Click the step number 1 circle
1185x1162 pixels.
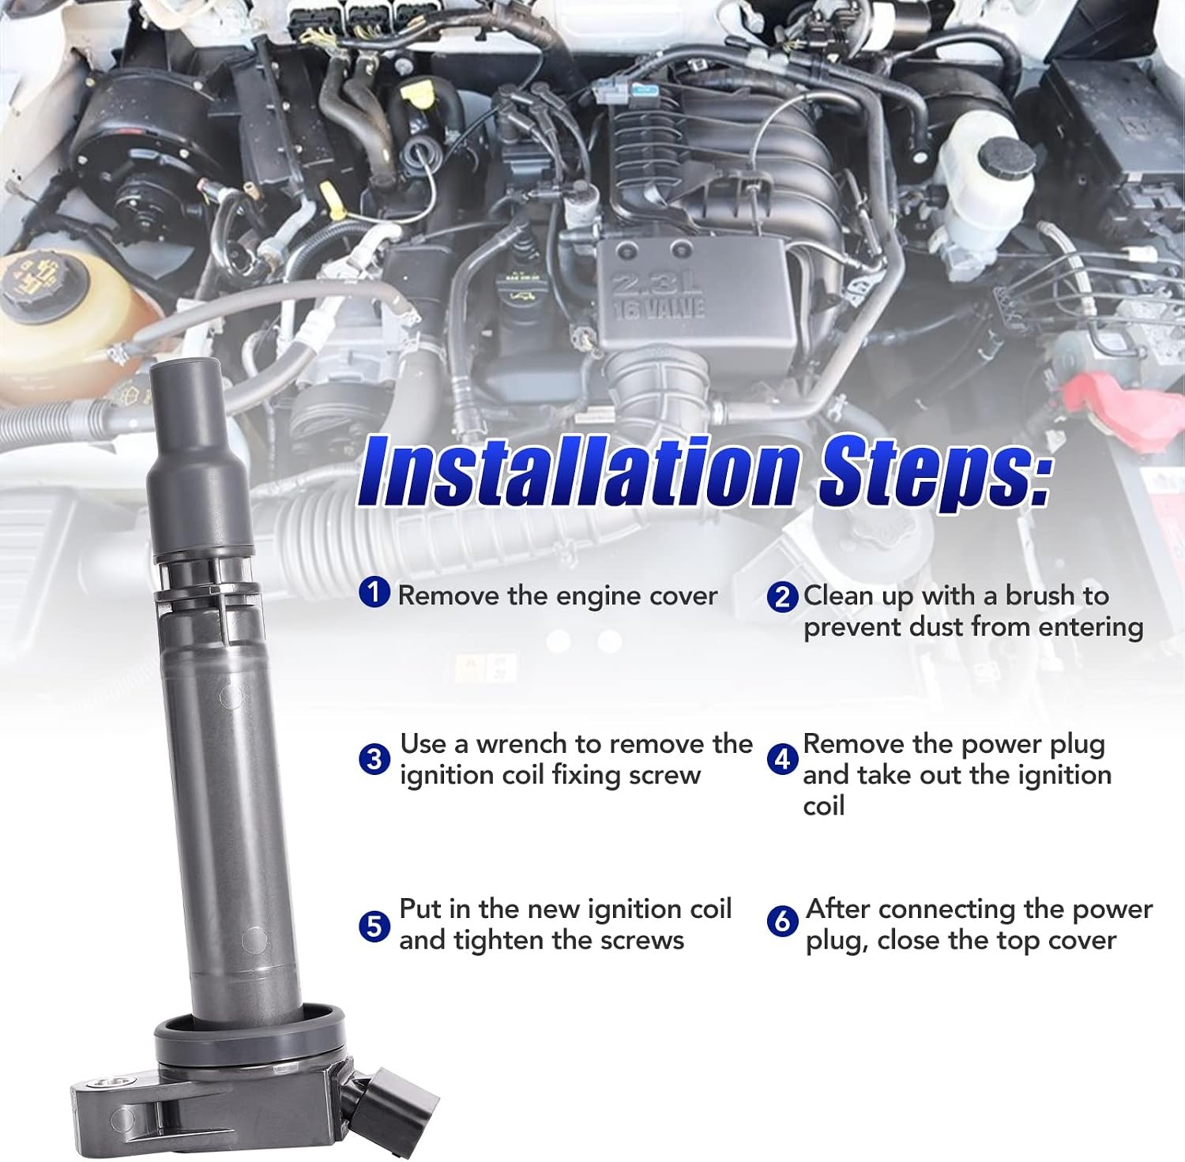coord(374,592)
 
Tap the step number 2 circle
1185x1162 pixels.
coord(782,596)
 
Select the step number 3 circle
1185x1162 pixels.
coord(374,759)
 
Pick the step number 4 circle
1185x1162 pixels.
coord(782,759)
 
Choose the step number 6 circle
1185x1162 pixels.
coord(782,921)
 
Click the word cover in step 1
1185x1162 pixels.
coord(679,595)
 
